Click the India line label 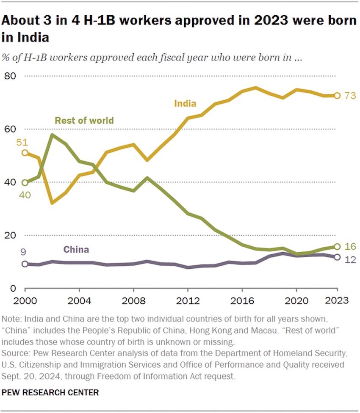pyautogui.click(x=185, y=103)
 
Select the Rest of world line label pyautogui.click(x=84, y=121)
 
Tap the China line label pyautogui.click(x=76, y=250)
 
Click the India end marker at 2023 pyautogui.click(x=337, y=96)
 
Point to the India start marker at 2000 pyautogui.click(x=25, y=153)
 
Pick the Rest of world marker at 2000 pyautogui.click(x=25, y=183)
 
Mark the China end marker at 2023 pyautogui.click(x=337, y=257)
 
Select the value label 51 pyautogui.click(x=22, y=142)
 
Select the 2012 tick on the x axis pyautogui.click(x=188, y=300)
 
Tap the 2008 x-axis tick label pyautogui.click(x=133, y=300)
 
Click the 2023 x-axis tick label pyautogui.click(x=336, y=300)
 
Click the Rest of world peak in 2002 pyautogui.click(x=52, y=135)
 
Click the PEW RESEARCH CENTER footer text pyautogui.click(x=50, y=393)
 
